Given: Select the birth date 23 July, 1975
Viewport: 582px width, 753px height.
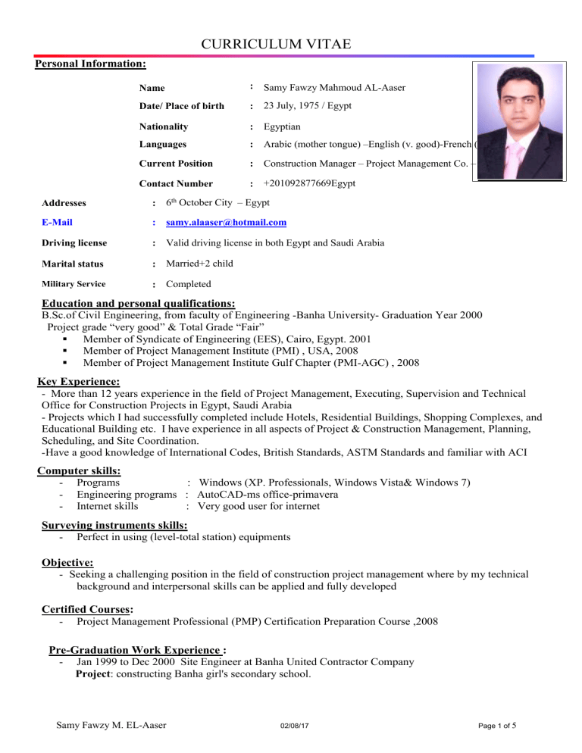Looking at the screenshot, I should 290,106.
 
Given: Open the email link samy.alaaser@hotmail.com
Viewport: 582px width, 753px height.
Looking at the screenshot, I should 226,222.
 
